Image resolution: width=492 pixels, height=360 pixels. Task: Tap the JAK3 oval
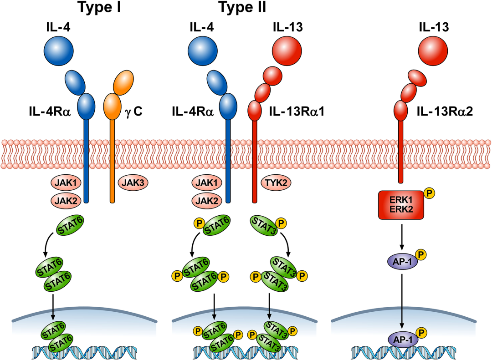(132, 183)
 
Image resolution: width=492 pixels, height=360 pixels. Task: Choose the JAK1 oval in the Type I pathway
(63, 183)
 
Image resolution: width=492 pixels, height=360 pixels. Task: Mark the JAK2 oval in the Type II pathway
(207, 200)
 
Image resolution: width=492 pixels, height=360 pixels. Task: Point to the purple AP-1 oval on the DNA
(401, 340)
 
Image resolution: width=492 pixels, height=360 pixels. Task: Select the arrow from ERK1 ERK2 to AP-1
(401, 236)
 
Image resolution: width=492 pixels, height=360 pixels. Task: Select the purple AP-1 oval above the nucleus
(401, 262)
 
